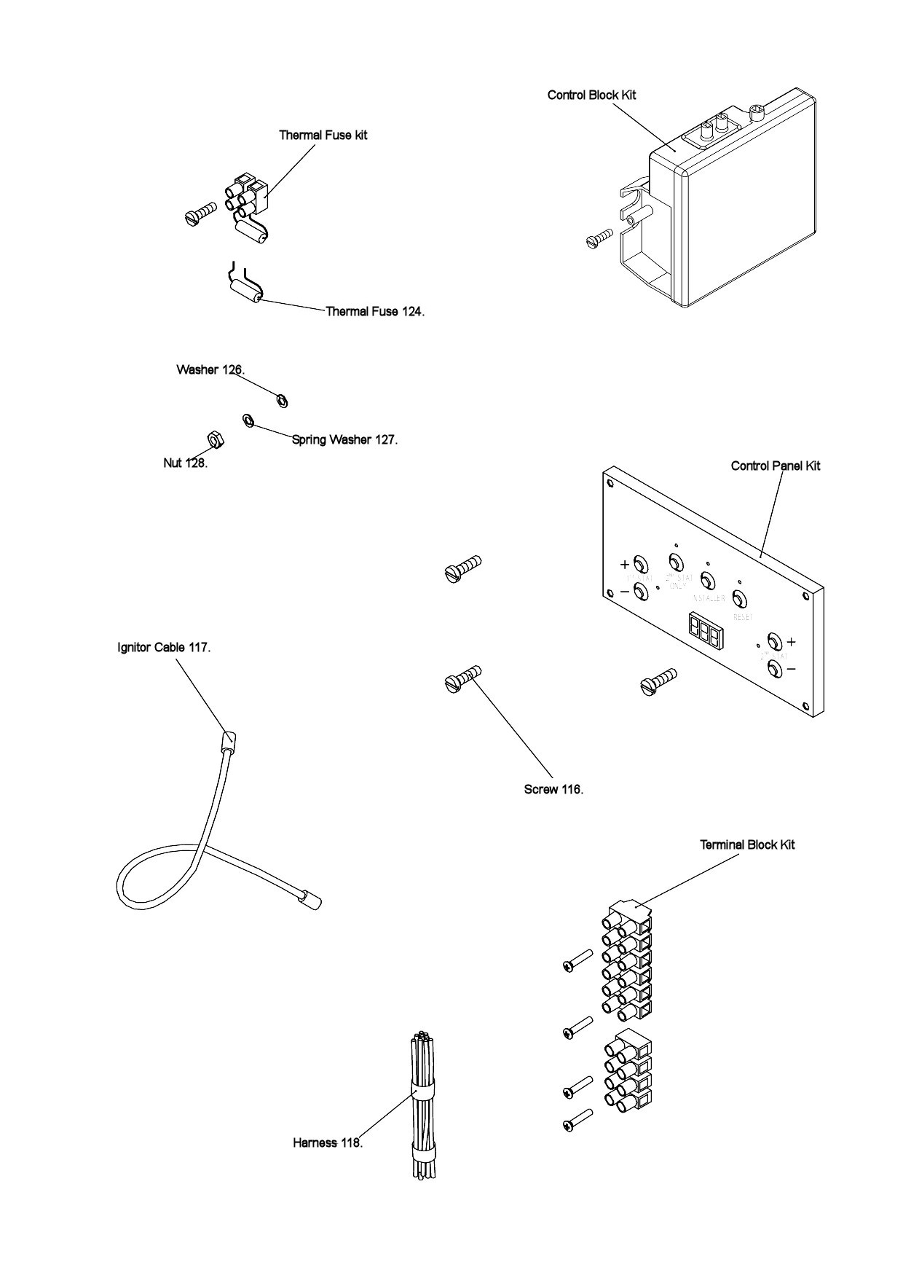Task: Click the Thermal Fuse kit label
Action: click(323, 135)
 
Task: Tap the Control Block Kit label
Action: click(591, 95)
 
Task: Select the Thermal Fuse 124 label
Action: click(374, 311)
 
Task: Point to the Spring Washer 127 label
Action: click(344, 439)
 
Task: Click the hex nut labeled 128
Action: click(216, 439)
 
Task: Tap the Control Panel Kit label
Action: click(775, 466)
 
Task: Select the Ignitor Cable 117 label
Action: click(164, 647)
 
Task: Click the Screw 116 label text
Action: click(553, 789)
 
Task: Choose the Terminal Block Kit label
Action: click(747, 844)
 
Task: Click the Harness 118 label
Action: click(328, 1142)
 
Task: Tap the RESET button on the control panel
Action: click(740, 600)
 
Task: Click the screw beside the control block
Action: click(599, 240)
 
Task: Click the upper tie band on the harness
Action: click(422, 1091)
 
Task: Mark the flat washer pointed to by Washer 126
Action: click(283, 400)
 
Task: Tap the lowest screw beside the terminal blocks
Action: click(577, 1120)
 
